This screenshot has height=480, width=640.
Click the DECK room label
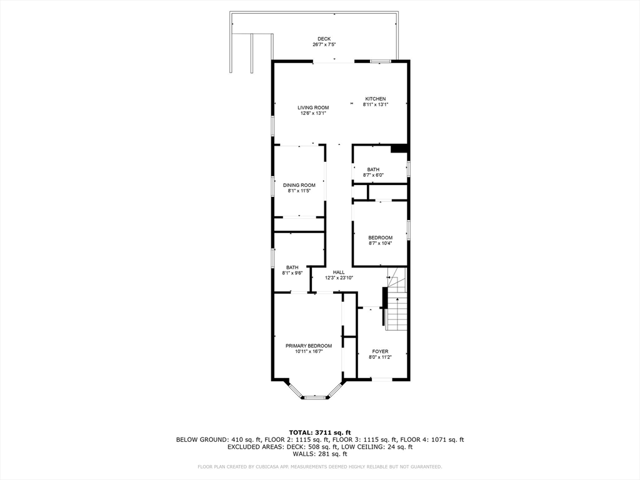click(324, 39)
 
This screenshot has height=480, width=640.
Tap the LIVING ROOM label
click(313, 107)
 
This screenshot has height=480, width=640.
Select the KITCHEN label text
click(376, 99)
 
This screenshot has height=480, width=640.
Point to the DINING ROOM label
click(299, 185)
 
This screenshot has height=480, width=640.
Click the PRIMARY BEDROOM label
click(309, 346)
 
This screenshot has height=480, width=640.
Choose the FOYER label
click(380, 351)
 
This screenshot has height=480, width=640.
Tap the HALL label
click(339, 272)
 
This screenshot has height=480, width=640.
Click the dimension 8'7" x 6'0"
click(373, 175)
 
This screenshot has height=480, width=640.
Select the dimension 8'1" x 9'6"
click(292, 273)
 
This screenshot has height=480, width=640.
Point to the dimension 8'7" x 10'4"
click(380, 243)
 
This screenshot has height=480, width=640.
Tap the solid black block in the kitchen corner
click(399, 149)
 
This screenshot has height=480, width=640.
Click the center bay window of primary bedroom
click(315, 397)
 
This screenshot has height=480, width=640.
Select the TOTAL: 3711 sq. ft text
click(319, 432)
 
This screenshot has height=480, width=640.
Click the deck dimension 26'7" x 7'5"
click(324, 45)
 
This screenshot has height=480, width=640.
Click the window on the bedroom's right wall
click(408, 229)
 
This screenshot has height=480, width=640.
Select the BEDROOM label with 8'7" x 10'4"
click(380, 237)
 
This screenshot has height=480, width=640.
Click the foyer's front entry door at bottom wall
click(381, 379)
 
